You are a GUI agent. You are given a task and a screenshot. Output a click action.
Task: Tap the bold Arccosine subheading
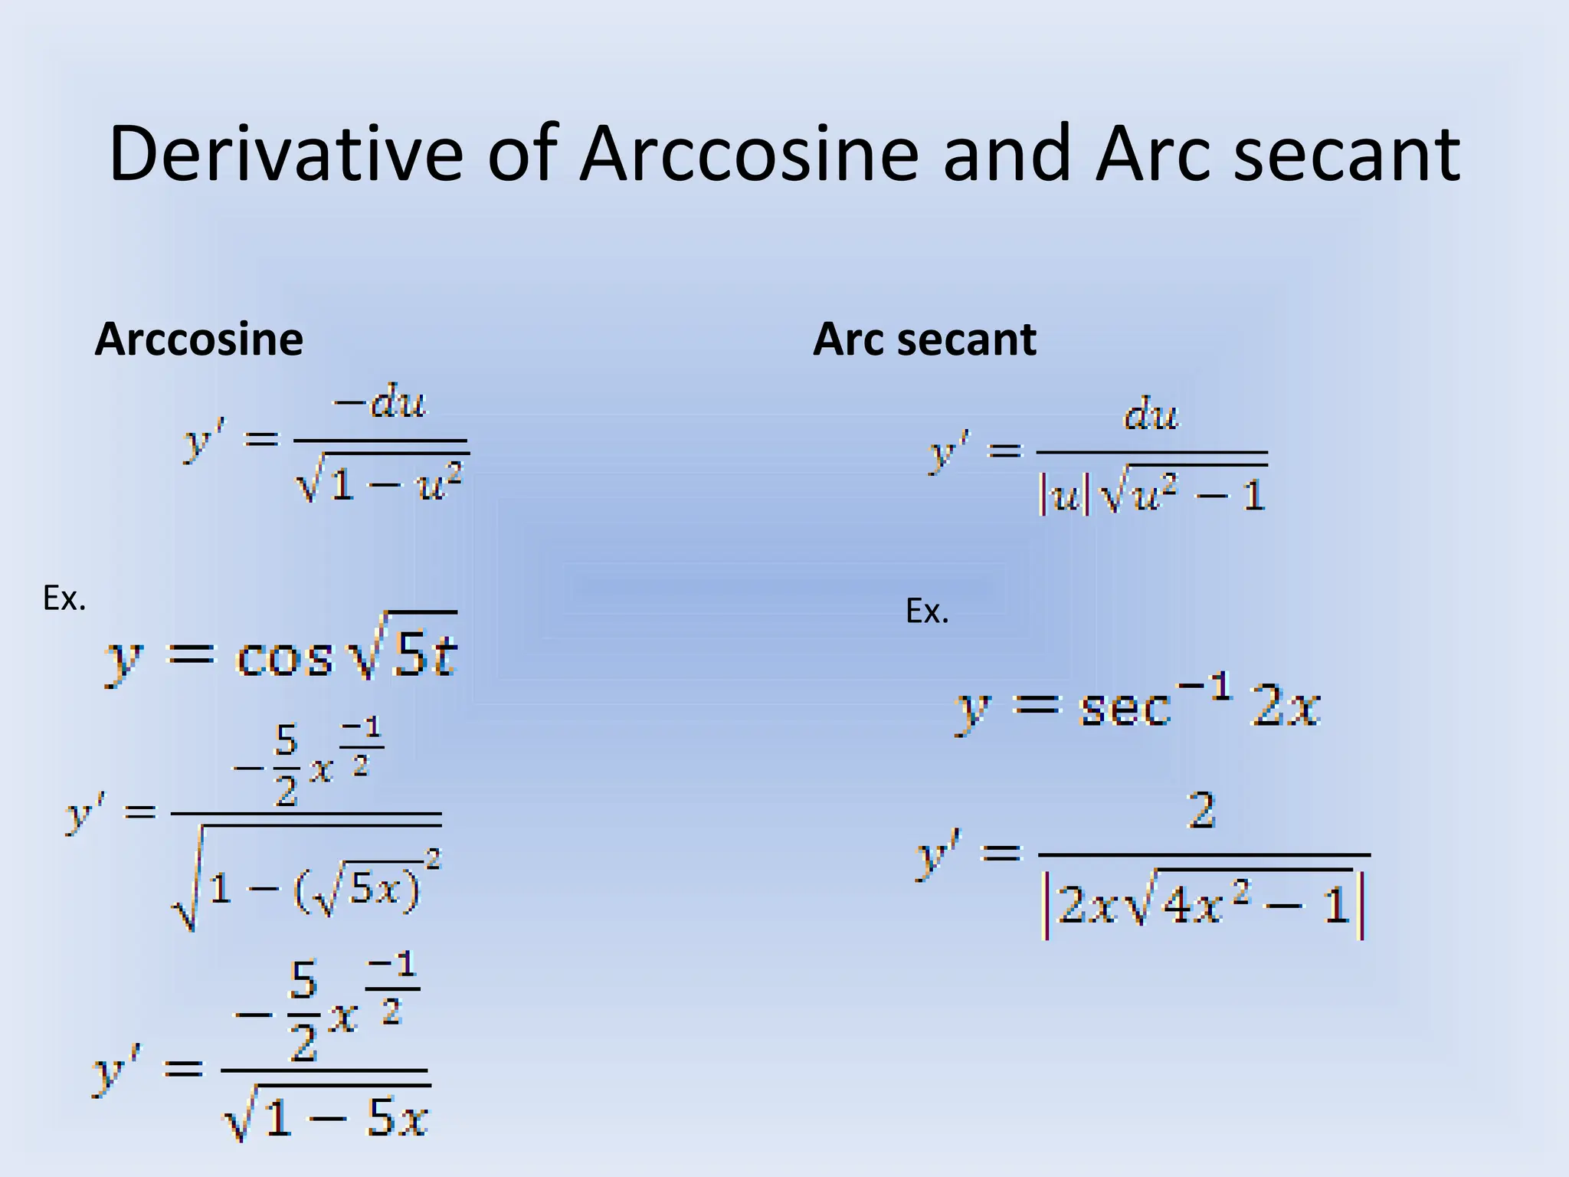click(x=198, y=339)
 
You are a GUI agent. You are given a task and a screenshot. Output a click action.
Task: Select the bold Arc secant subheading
click(x=924, y=339)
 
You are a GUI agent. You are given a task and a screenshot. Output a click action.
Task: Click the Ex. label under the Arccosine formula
click(x=64, y=598)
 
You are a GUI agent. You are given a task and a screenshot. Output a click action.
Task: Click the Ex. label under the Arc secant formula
click(x=927, y=611)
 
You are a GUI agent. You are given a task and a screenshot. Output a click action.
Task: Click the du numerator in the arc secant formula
click(x=1151, y=415)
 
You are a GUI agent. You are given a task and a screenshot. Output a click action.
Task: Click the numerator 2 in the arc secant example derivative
click(x=1201, y=811)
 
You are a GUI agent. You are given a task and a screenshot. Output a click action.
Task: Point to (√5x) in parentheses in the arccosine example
click(x=356, y=891)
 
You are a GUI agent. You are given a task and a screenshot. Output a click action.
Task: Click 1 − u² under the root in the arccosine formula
click(x=395, y=484)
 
